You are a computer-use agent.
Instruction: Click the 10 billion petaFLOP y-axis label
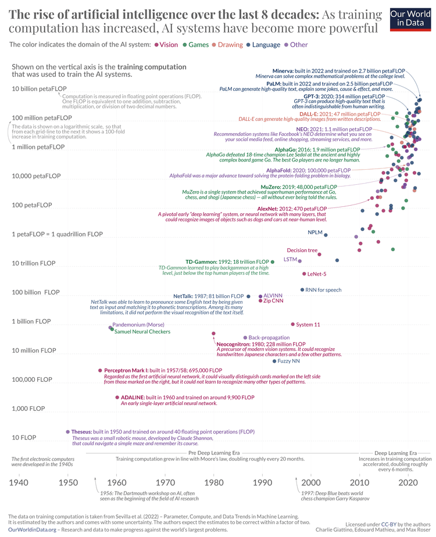point(39,88)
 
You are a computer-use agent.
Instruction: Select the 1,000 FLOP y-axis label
point(28,409)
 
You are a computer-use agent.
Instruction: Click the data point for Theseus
point(67,432)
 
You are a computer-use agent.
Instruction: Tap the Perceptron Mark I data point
point(100,370)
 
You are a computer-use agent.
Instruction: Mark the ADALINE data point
point(117,398)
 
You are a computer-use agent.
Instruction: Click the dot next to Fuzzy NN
point(274,361)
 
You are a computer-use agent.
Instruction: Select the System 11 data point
point(292,324)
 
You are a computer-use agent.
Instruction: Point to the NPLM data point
point(326,234)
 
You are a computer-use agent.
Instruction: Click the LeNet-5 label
point(317,274)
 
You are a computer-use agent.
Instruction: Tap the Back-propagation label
point(269,337)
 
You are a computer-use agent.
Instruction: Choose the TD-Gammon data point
point(273,262)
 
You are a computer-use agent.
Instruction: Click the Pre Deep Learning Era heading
point(215,452)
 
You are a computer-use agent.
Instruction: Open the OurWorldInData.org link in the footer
point(33,529)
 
